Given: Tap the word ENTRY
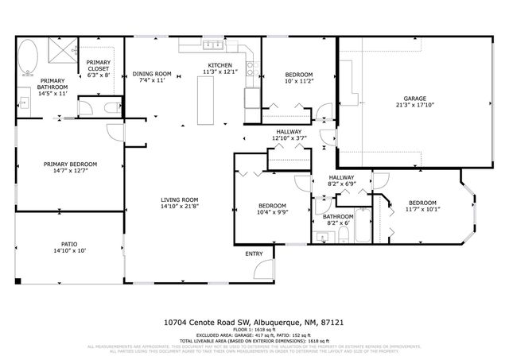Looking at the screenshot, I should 254,254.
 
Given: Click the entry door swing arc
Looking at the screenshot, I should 262,270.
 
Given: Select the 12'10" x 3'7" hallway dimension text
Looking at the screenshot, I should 288,138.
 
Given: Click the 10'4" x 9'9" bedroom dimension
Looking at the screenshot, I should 272,211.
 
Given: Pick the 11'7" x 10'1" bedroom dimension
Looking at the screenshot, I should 422,209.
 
